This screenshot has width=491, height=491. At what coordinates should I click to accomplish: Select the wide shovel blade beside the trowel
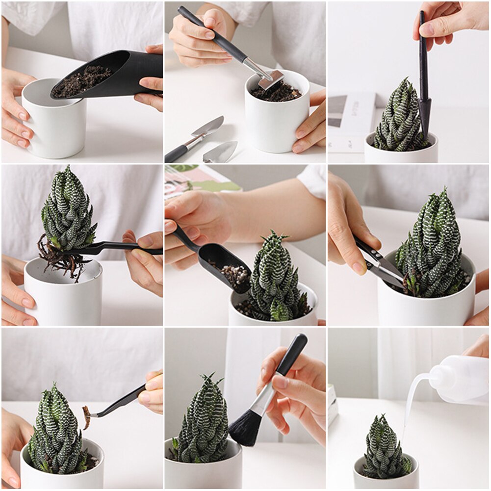tap(221, 153)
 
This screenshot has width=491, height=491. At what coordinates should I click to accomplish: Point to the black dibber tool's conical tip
tap(425, 116)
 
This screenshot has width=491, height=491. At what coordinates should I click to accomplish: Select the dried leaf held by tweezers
tap(87, 417)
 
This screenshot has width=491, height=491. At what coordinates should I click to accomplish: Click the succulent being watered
tap(385, 446)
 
